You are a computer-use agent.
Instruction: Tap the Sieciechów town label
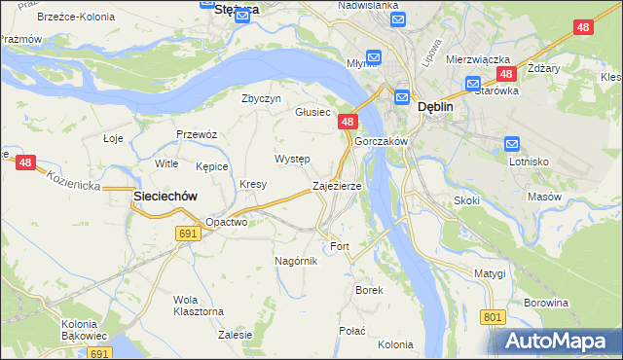coord(165,196)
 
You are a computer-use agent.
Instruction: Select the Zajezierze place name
coord(337,185)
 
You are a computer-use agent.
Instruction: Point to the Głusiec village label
coord(313,112)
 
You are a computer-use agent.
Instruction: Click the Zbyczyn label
coord(261,98)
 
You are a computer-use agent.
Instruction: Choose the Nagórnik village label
coord(296,261)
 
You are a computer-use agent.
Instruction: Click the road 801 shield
coord(494,317)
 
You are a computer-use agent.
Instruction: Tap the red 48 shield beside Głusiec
coord(348,122)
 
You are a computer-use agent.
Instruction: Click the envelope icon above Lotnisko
coord(513,144)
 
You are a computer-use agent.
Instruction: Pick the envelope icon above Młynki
coord(375,56)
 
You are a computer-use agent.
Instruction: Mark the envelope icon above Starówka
coord(473,83)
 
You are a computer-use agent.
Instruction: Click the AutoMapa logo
coord(555,341)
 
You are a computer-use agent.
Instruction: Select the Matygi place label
coord(491,273)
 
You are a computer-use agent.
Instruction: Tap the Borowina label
coord(545,303)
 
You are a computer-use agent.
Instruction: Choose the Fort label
coord(340,246)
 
